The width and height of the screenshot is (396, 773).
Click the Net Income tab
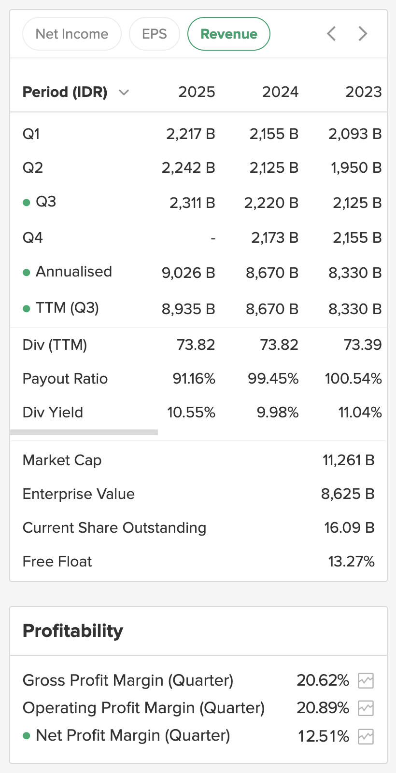[72, 34]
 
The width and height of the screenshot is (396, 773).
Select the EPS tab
[155, 34]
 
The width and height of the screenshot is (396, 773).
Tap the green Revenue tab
[228, 34]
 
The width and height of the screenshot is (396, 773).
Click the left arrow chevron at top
[331, 34]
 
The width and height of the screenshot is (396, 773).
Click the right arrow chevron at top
[363, 34]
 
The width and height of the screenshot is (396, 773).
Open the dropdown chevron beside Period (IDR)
[124, 92]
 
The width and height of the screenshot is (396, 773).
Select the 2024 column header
[280, 92]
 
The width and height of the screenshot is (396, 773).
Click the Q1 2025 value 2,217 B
[190, 134]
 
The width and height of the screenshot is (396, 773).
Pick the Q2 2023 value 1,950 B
[356, 168]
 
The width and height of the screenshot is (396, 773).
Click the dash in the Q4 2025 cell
[212, 238]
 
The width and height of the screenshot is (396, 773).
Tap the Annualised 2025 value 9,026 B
[188, 273]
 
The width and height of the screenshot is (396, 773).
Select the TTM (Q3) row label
[67, 308]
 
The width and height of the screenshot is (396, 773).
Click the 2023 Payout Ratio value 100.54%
[353, 379]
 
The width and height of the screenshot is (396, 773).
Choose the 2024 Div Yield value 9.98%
[277, 413]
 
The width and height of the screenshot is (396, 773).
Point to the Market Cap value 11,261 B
[348, 460]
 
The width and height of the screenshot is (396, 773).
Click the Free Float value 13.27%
[351, 562]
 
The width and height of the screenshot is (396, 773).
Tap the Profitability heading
[73, 631]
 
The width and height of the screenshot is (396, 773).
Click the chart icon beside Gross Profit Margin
[366, 681]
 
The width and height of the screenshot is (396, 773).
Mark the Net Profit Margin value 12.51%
[323, 736]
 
